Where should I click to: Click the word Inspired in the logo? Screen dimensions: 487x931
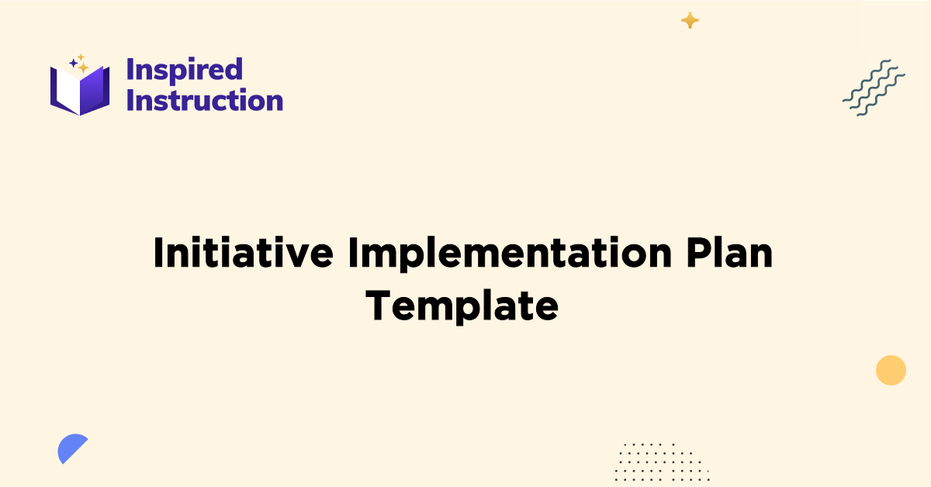tap(184, 70)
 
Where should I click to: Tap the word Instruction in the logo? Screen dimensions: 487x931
tap(204, 101)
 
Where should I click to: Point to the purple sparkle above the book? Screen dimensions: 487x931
tap(73, 63)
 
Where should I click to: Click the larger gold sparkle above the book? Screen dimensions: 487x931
tap(83, 67)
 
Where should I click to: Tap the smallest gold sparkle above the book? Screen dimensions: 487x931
tap(80, 57)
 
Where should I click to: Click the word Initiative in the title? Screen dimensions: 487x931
tap(244, 254)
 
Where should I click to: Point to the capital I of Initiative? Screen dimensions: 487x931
tap(159, 254)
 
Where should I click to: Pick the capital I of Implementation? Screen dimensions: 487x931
tap(354, 254)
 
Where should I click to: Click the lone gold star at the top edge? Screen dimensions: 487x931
tap(690, 21)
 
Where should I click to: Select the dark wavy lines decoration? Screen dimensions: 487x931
tap(874, 87)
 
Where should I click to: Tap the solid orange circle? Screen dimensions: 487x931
tap(891, 370)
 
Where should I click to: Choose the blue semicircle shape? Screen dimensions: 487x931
tap(71, 447)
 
